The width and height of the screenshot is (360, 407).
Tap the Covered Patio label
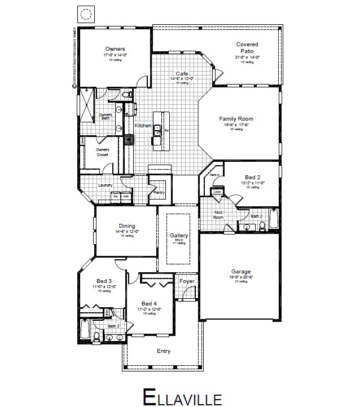pyautogui.click(x=247, y=47)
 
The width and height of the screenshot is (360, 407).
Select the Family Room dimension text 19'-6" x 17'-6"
pyautogui.click(x=236, y=125)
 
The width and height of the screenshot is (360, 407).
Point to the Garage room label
pyautogui.click(x=241, y=271)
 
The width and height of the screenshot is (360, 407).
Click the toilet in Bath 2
pyautogui.click(x=262, y=225)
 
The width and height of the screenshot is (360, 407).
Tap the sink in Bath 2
pyautogui.click(x=247, y=227)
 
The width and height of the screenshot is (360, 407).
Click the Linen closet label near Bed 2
pyautogui.click(x=217, y=192)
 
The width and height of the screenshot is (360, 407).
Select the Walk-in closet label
pyautogui.click(x=214, y=175)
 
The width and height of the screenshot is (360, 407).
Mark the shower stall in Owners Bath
pyautogui.click(x=86, y=105)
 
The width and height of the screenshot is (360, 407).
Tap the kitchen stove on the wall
pyautogui.click(x=129, y=139)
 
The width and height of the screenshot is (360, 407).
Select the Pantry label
pyautogui.click(x=159, y=193)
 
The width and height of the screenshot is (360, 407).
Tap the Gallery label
pyautogui.click(x=178, y=236)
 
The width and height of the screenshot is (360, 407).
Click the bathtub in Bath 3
pyautogui.click(x=85, y=329)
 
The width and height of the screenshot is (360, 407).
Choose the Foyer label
pyautogui.click(x=187, y=281)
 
